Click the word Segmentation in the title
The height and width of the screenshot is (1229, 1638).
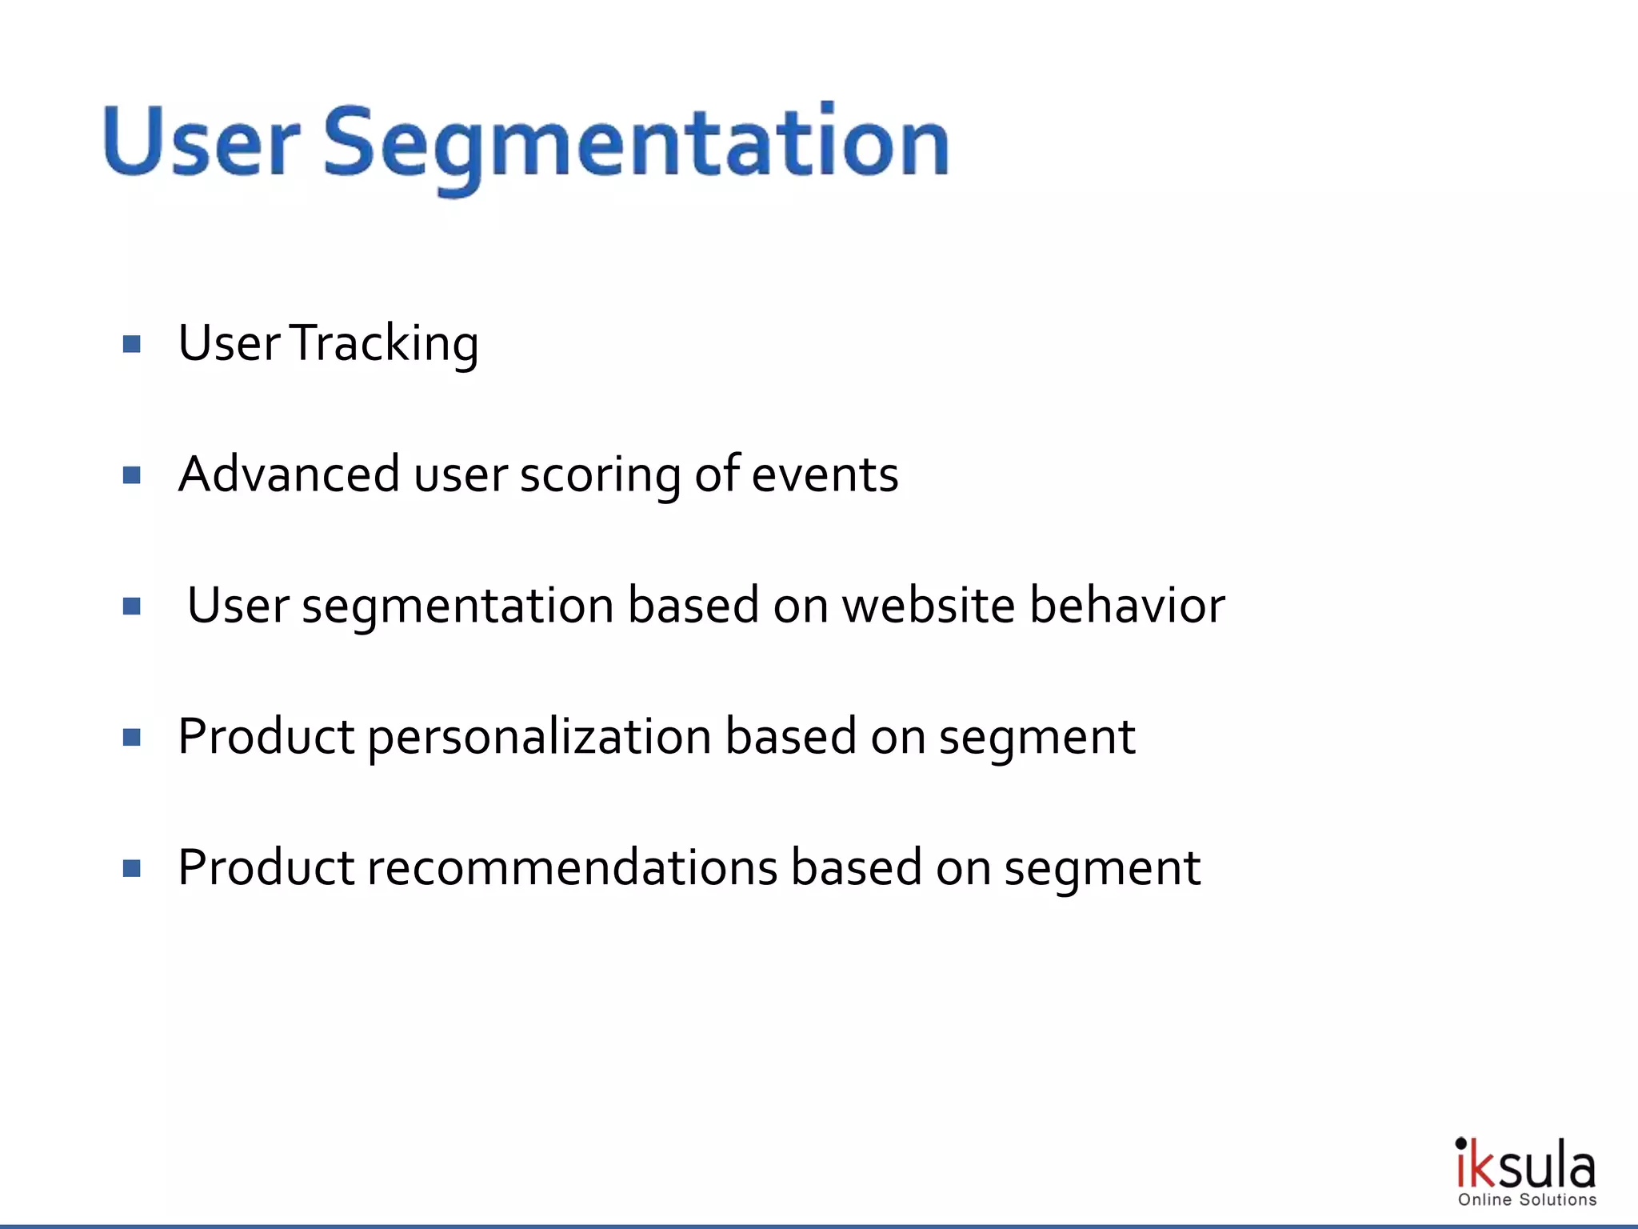tap(636, 144)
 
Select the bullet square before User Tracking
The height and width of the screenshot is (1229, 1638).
tap(132, 345)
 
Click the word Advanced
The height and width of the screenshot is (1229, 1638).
tap(289, 474)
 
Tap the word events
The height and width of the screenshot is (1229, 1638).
tap(825, 475)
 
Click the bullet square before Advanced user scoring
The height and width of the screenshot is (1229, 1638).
tap(132, 476)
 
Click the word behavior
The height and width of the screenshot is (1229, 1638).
tap(1127, 605)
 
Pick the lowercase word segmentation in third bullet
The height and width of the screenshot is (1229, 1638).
tap(457, 606)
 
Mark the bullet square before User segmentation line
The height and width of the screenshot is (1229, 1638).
tap(132, 606)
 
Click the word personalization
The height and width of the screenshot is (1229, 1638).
tap(539, 738)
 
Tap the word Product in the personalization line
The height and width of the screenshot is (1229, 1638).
tap(266, 736)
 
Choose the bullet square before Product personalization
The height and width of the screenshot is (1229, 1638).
tap(132, 737)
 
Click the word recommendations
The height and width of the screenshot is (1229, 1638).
tap(572, 867)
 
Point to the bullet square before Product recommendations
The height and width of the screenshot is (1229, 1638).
tap(132, 868)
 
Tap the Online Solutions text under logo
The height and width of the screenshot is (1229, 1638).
tap(1527, 1199)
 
